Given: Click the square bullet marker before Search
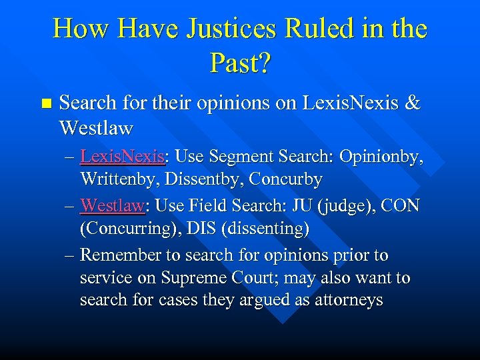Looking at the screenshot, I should point(45,103).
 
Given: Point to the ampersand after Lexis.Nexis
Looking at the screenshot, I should point(413,103).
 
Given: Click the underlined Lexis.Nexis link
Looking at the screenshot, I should point(122,157).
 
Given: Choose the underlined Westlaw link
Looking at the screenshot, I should point(112,206).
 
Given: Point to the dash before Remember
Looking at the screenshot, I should point(71,255).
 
